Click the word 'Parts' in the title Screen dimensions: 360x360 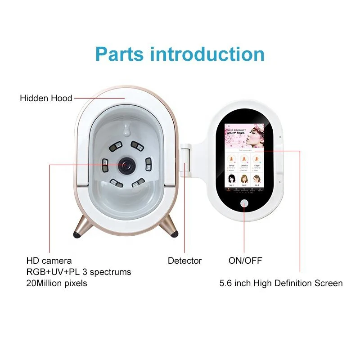119,54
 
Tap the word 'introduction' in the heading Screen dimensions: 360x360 207,54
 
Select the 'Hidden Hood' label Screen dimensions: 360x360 46,98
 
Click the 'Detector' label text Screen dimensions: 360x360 184,261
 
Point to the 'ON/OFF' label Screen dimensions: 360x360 245,261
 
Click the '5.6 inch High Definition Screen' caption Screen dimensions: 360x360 281,283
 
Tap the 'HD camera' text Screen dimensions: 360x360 49,261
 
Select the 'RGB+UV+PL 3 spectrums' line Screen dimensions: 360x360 79,272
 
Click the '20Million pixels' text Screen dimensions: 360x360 57,283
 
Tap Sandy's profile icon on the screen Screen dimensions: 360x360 232,159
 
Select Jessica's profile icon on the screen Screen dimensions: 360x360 244,159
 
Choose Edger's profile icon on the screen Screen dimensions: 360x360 257,159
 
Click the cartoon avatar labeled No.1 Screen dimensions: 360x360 232,179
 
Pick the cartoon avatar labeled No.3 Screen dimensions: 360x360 257,179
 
